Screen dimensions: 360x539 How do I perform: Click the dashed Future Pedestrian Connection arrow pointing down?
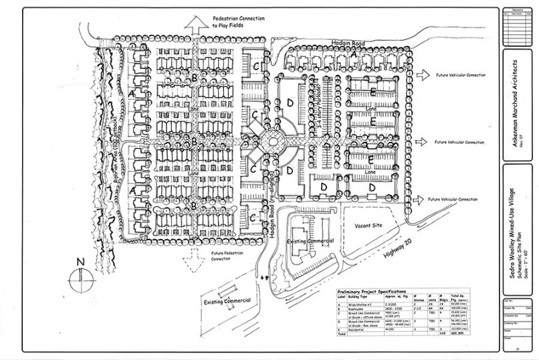(x=193, y=254)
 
